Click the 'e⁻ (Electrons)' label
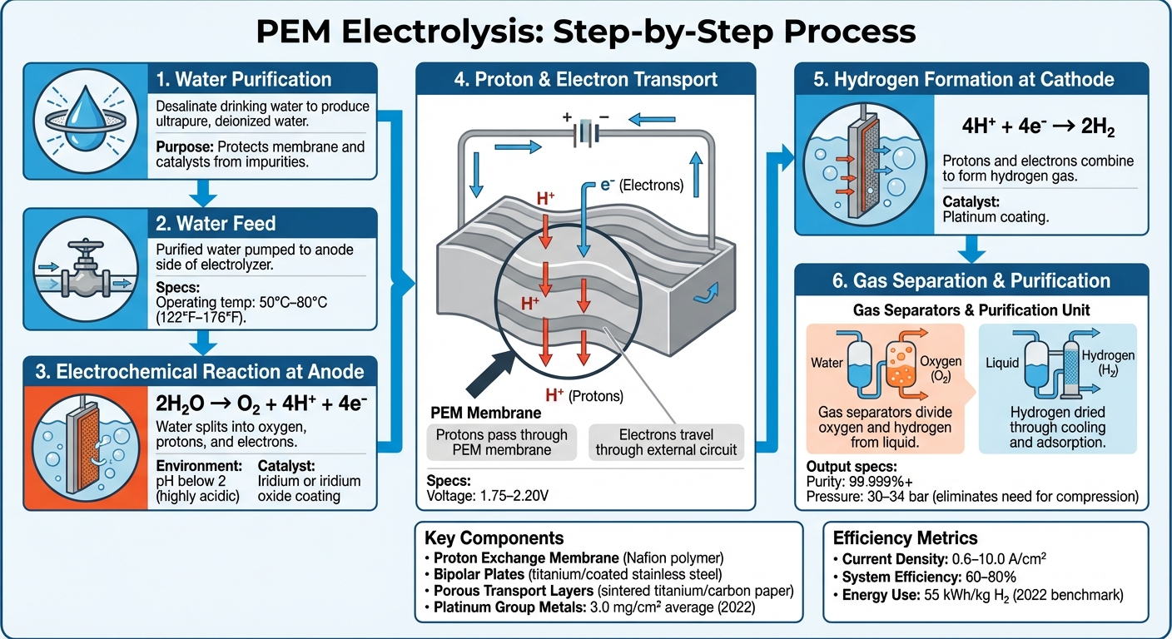(640, 186)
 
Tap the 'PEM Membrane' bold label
(474, 413)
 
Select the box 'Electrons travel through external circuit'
(665, 443)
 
